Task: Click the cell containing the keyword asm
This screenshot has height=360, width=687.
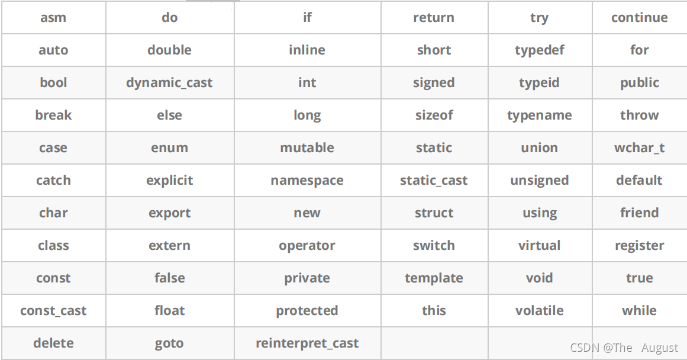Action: tap(53, 18)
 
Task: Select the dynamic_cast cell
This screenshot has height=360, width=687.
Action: tap(170, 82)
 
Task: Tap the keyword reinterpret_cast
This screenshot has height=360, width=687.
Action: tap(307, 343)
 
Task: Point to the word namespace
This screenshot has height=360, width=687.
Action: tap(307, 181)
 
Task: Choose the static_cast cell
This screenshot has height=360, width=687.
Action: tap(434, 180)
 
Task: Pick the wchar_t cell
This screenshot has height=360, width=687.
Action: tap(639, 148)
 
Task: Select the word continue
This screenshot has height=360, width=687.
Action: tap(639, 18)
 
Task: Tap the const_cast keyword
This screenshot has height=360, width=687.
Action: tap(53, 311)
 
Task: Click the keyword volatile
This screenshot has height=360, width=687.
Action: tap(539, 310)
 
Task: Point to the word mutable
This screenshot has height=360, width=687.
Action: tap(307, 148)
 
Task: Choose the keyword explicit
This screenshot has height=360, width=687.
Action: tap(170, 181)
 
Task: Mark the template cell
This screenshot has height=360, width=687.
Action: tap(434, 278)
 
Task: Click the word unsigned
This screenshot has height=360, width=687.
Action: tap(539, 181)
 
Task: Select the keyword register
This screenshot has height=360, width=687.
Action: tap(639, 246)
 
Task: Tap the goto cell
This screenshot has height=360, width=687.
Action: tap(170, 343)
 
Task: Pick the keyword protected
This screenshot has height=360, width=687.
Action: tap(307, 311)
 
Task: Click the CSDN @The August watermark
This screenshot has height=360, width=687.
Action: tap(624, 348)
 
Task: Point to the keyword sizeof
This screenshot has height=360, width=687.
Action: tap(434, 115)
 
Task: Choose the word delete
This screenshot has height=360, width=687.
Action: tap(53, 343)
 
